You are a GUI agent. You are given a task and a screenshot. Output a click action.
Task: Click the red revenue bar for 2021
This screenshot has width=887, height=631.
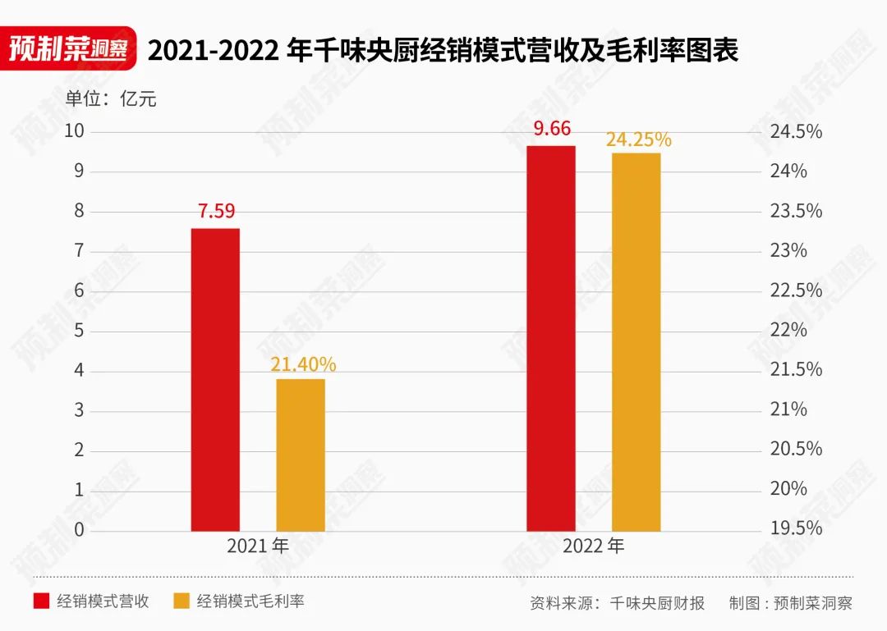pyautogui.click(x=215, y=379)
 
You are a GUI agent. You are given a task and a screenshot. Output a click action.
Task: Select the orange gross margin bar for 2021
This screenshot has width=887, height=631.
pyautogui.click(x=301, y=455)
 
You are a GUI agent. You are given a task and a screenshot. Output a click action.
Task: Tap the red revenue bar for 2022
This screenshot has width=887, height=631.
pyautogui.click(x=550, y=338)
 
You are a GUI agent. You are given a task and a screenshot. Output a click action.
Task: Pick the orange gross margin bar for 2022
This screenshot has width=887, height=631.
pyautogui.click(x=636, y=341)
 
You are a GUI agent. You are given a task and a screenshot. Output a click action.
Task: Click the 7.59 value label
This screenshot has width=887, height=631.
pyautogui.click(x=216, y=211)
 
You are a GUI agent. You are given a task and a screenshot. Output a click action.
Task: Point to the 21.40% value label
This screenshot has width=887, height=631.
pyautogui.click(x=303, y=364)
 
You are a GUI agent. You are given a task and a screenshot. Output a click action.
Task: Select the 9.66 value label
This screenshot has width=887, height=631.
pyautogui.click(x=551, y=129)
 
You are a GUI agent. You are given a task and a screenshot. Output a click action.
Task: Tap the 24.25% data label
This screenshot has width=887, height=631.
pyautogui.click(x=638, y=139)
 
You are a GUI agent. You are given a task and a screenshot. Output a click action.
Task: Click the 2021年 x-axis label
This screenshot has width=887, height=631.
pyautogui.click(x=258, y=546)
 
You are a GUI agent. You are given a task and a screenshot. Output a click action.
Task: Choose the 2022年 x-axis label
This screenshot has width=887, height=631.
pyautogui.click(x=593, y=546)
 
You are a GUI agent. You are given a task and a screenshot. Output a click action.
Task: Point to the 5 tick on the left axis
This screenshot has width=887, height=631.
pyautogui.click(x=80, y=331)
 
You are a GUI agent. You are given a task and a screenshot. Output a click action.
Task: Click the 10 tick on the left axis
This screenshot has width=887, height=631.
pyautogui.click(x=75, y=131)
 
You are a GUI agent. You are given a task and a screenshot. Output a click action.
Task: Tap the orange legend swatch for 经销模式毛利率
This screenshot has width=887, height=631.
pyautogui.click(x=182, y=601)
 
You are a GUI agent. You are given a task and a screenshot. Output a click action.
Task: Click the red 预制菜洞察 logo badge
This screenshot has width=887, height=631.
pyautogui.click(x=68, y=50)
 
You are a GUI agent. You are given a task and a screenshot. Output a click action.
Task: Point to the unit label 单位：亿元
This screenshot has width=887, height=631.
pyautogui.click(x=111, y=99)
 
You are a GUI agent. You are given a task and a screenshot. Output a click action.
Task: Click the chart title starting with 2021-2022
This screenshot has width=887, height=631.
pyautogui.click(x=443, y=51)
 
